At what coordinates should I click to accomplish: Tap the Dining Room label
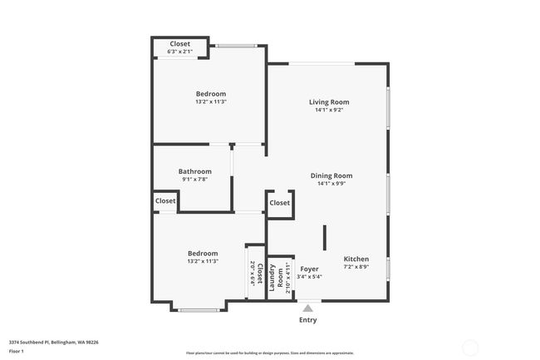(331, 175)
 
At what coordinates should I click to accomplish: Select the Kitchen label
(356, 259)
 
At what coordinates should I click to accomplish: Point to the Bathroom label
(194, 171)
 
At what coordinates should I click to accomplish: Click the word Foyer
(309, 269)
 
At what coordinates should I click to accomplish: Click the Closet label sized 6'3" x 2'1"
(179, 44)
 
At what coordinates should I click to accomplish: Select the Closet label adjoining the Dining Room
(280, 202)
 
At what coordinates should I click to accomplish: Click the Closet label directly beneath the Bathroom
(164, 200)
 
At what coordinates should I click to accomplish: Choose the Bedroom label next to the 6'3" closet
(210, 94)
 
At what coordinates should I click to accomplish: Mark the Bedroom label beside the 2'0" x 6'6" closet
(203, 254)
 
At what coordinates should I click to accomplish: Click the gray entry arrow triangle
(307, 308)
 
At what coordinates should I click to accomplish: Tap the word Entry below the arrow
(307, 319)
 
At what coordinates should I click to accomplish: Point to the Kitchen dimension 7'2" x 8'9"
(356, 267)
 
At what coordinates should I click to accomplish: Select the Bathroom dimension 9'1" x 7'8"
(194, 180)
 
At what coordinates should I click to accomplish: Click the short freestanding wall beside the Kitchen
(325, 237)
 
